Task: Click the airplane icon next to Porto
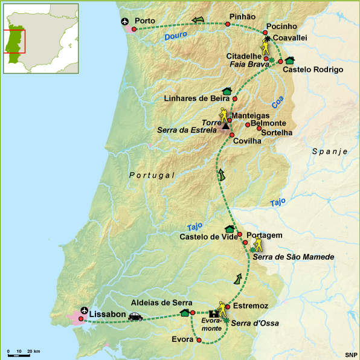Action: click(x=126, y=22)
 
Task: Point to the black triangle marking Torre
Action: click(x=225, y=126)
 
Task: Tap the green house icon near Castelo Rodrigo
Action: click(x=290, y=60)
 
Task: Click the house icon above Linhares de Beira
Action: click(x=227, y=91)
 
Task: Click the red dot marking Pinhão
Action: click(x=228, y=24)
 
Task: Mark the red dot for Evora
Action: click(x=199, y=340)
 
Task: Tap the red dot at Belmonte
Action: click(x=248, y=124)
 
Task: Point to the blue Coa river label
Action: click(x=277, y=104)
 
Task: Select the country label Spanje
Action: click(x=330, y=151)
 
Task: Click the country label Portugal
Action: click(x=152, y=175)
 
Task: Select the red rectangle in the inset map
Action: click(x=14, y=41)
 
